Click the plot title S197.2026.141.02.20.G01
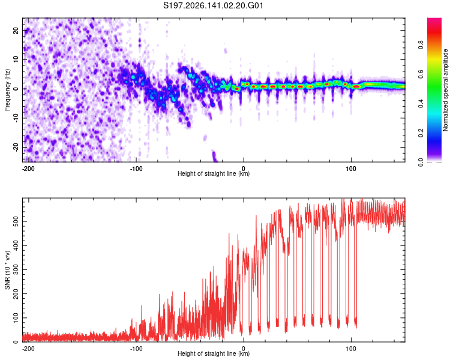[x=213, y=5]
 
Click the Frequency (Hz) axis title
[x=7, y=90]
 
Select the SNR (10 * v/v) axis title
[x=7, y=270]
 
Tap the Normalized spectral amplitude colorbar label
[x=445, y=90]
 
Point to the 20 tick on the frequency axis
[x=16, y=30]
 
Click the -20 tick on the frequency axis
[x=16, y=147]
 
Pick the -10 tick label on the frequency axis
[x=16, y=118]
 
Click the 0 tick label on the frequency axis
[x=16, y=89]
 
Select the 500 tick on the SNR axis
[x=16, y=221]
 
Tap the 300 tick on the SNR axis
[x=16, y=269]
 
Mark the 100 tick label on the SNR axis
[x=16, y=318]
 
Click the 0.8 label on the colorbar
[x=421, y=44]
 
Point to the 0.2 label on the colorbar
[x=421, y=133]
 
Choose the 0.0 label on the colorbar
[x=421, y=162]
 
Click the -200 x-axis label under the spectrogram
[x=28, y=169]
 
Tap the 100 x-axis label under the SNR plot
[x=351, y=349]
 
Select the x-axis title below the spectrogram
[x=214, y=173]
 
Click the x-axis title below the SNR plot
[x=214, y=353]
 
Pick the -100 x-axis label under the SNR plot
[x=136, y=349]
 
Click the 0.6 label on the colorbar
[x=421, y=74]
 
